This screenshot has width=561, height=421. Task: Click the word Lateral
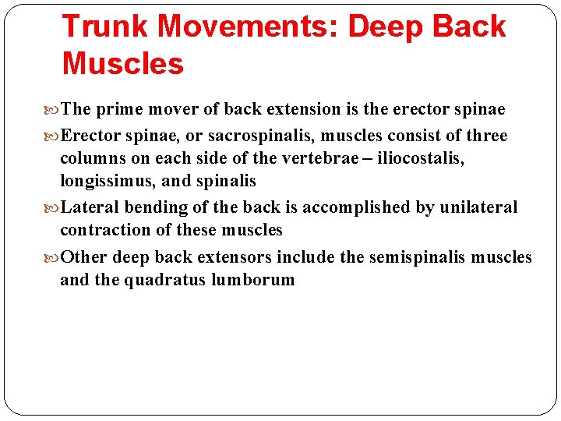coord(86,207)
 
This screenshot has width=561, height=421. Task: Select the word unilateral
coord(478,207)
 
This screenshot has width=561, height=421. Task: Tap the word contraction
coord(99,230)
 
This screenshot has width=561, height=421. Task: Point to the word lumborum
coord(253,280)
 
